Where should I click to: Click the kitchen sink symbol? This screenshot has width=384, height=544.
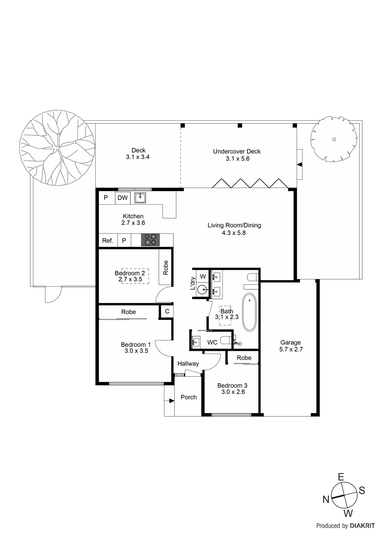coord(140,198)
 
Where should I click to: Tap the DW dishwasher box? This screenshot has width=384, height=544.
coord(122,198)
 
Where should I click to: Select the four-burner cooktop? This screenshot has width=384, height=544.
coord(150,239)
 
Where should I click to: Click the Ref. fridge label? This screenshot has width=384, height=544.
coord(108,241)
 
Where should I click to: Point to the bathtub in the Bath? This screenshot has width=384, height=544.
coord(250,312)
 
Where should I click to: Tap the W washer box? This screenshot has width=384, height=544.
coord(203,276)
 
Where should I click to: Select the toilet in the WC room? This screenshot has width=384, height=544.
coord(226,340)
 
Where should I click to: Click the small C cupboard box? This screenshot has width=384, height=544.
coord(167,311)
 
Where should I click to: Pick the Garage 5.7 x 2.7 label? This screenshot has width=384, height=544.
coord(291,346)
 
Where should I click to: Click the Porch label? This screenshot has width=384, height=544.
coord(189,397)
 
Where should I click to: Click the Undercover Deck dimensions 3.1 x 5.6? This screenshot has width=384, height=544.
coord(238,158)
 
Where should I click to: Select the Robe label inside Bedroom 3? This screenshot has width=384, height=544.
coord(244,358)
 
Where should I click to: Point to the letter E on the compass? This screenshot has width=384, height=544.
coord(341,477)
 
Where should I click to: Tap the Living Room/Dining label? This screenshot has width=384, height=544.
coord(234,225)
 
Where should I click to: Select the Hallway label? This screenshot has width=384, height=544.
coord(188,363)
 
